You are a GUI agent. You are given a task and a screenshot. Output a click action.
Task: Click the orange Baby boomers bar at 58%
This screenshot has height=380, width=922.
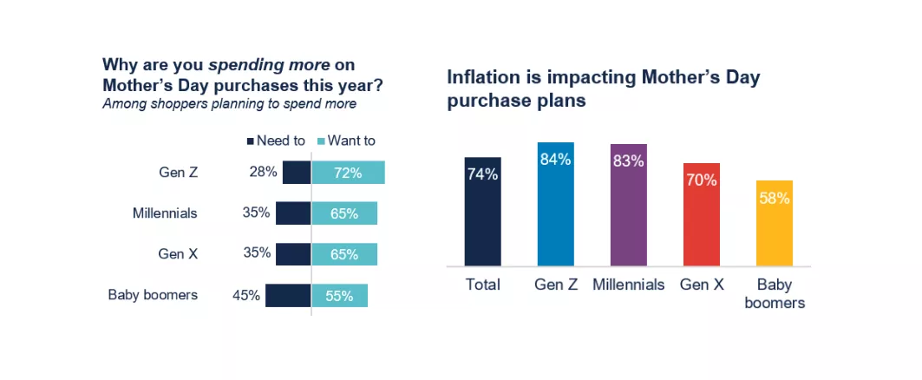click(775, 223)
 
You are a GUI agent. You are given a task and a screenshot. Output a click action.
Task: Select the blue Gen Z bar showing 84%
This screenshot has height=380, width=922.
click(555, 204)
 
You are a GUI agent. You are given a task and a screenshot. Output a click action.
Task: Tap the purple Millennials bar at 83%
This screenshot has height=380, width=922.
click(628, 205)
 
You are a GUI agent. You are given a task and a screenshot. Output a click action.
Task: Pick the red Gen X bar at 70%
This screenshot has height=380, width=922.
click(701, 214)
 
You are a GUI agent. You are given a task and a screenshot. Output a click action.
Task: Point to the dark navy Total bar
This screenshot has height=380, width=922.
click(482, 212)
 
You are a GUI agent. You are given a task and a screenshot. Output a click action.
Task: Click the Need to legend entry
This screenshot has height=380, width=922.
click(277, 141)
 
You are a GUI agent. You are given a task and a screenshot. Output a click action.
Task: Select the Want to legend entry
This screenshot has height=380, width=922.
click(346, 141)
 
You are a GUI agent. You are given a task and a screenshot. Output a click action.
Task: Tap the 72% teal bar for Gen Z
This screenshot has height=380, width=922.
click(348, 173)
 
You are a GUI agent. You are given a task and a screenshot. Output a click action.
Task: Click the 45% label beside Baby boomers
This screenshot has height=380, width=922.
click(246, 296)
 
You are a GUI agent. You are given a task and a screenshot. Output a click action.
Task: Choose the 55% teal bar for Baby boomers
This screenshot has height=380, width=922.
click(339, 296)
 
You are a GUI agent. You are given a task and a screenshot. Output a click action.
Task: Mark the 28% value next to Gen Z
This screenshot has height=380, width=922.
click(263, 172)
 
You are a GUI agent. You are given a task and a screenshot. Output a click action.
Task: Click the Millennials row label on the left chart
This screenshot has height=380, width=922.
click(165, 213)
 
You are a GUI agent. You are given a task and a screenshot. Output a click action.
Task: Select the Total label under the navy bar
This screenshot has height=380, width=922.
click(482, 285)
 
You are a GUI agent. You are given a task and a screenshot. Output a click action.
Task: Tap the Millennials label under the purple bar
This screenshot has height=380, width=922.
click(628, 285)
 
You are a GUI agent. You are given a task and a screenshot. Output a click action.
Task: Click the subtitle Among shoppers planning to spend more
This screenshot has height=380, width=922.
click(229, 104)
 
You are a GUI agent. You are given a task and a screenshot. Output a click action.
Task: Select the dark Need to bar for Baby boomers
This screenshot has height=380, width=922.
click(288, 296)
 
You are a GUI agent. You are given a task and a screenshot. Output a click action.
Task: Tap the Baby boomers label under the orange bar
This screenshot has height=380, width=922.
click(775, 293)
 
